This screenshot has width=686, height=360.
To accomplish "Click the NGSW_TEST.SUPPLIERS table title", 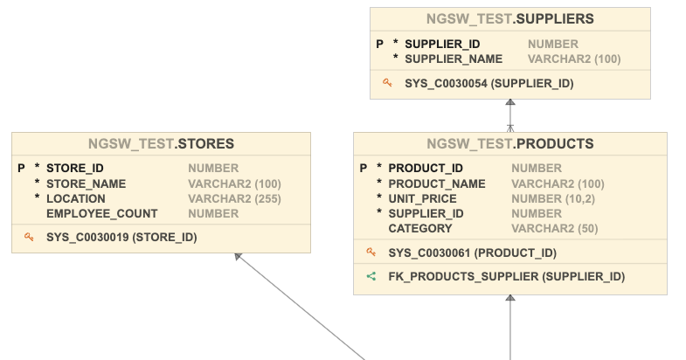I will (510, 18).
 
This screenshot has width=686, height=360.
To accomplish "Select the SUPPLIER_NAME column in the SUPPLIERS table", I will (454, 59).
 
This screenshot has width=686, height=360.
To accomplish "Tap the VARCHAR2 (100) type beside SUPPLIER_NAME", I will (574, 59).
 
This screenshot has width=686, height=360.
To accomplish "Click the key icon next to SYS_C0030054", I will (387, 83).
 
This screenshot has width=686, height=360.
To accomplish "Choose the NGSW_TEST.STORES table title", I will (161, 143).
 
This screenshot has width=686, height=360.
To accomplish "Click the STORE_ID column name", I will (75, 169).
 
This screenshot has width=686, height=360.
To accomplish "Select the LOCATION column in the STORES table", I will (76, 198).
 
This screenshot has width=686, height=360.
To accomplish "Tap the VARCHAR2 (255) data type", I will (234, 198).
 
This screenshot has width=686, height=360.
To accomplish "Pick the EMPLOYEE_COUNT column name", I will (102, 213).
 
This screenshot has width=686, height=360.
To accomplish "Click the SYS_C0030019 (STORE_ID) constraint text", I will (121, 237).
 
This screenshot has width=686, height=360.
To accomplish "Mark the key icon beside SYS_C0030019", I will (29, 236).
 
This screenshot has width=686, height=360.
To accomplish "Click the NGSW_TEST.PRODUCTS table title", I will (510, 143).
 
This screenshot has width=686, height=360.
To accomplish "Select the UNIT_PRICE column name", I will (422, 198).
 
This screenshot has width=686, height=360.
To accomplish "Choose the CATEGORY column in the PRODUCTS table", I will (420, 228).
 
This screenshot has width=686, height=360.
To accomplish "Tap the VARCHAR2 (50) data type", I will (554, 228).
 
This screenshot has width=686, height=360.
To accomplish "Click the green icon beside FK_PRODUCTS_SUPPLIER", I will (371, 276).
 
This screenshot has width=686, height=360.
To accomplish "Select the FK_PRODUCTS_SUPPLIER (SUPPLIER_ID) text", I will (507, 276).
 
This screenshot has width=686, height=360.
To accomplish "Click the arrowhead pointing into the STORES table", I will (237, 257).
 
